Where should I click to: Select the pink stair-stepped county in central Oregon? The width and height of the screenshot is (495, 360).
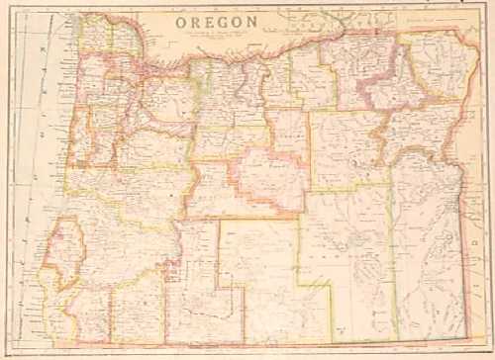(x=267, y=178)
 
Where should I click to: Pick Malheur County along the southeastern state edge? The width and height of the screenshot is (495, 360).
(x=431, y=257)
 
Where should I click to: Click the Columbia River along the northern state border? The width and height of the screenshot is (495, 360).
(x=247, y=54)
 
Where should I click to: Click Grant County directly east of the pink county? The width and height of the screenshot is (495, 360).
(x=342, y=148)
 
